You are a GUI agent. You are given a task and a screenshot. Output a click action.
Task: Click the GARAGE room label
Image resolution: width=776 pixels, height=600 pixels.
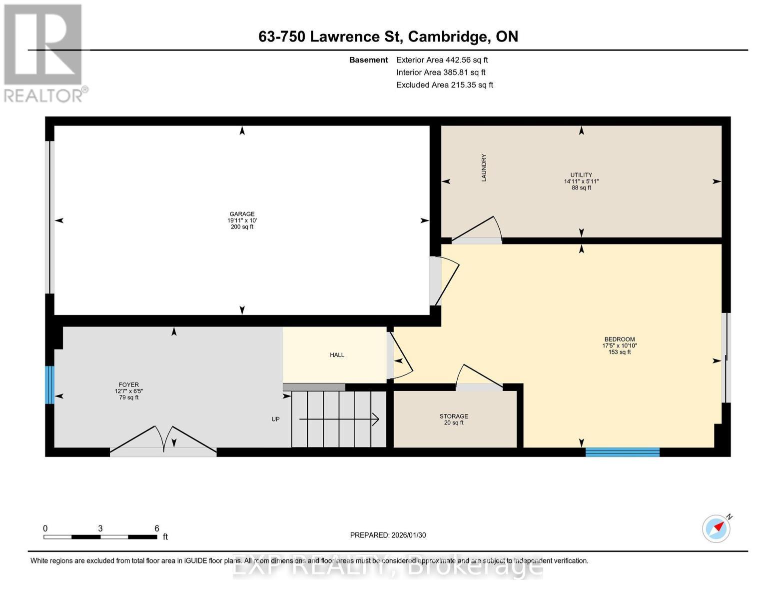point(242,213)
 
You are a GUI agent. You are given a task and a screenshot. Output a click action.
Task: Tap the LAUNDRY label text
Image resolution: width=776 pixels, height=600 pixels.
point(484,167)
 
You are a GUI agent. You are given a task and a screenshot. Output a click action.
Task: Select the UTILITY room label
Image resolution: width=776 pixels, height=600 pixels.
point(581,174)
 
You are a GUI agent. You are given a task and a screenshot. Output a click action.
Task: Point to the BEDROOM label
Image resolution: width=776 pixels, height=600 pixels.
point(620,339)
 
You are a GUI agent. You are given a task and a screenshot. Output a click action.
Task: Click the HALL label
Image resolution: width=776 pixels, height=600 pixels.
point(337,355)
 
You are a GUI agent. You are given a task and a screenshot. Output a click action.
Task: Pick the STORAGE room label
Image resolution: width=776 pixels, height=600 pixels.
point(454,416)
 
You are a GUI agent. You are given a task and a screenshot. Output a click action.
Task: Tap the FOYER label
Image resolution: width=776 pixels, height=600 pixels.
point(128,385)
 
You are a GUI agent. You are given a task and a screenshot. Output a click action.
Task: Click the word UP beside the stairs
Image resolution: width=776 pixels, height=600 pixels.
point(275,419)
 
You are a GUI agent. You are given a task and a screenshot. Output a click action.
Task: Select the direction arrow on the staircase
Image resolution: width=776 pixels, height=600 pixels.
point(339,419)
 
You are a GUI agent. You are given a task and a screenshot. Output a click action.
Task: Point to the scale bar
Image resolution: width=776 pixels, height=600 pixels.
point(100,537)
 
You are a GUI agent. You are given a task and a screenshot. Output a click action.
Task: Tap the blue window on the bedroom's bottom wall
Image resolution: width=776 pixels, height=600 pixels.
point(622,452)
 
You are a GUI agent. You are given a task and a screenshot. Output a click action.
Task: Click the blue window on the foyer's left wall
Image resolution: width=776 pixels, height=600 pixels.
point(49,385)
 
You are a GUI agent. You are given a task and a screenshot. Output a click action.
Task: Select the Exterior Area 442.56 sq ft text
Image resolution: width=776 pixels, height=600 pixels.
point(442,60)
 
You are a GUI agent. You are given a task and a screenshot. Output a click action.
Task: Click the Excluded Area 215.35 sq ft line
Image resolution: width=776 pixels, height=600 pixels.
point(445,85)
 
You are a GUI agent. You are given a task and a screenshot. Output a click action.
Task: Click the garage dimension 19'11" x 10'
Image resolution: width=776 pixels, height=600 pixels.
point(242,220)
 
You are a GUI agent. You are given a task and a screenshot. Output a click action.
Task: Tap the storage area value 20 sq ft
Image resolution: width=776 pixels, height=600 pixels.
point(454,423)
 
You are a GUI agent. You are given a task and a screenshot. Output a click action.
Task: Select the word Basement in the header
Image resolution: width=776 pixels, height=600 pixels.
point(368,60)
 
